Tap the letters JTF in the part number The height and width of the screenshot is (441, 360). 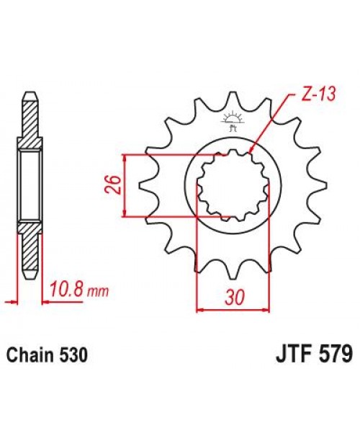(x=292, y=355)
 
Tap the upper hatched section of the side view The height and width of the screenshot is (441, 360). (x=29, y=121)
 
